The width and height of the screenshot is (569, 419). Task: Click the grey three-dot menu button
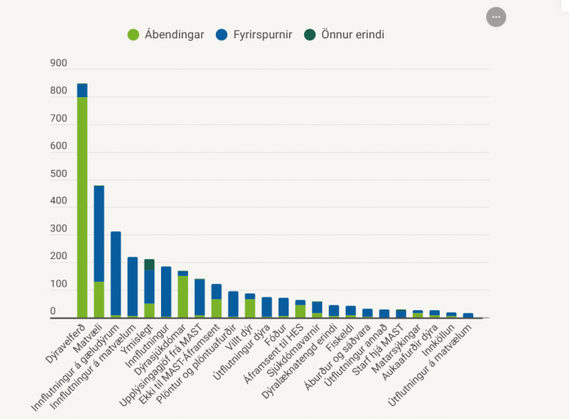pyautogui.click(x=496, y=17)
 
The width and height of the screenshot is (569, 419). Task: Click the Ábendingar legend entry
pyautogui.click(x=166, y=35)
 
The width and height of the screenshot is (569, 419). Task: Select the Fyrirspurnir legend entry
pyautogui.click(x=254, y=35)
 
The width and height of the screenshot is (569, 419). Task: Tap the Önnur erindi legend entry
pyautogui.click(x=344, y=35)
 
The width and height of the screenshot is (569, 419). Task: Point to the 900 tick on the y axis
pyautogui.click(x=59, y=63)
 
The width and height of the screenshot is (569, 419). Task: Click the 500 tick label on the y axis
pyautogui.click(x=59, y=174)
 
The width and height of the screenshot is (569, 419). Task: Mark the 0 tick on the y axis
pyautogui.click(x=53, y=311)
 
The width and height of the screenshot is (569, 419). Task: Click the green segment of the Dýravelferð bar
pyautogui.click(x=83, y=207)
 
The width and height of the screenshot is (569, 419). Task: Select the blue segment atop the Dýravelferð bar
pyautogui.click(x=83, y=91)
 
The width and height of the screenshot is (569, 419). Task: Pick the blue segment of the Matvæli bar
pyautogui.click(x=99, y=234)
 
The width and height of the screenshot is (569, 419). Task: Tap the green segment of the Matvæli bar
pyautogui.click(x=99, y=300)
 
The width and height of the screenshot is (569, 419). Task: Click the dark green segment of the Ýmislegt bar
pyautogui.click(x=149, y=265)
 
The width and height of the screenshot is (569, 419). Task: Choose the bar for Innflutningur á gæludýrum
pyautogui.click(x=116, y=274)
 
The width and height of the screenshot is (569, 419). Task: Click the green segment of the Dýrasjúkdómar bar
pyautogui.click(x=183, y=296)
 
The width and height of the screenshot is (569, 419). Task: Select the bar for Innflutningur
pyautogui.click(x=166, y=292)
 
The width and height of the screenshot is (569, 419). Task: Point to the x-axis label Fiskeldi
pyautogui.click(x=339, y=338)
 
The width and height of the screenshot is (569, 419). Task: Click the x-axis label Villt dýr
pyautogui.click(x=239, y=337)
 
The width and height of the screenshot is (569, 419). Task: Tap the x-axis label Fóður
pyautogui.click(x=276, y=335)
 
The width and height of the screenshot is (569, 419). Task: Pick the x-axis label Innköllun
pyautogui.click(x=438, y=340)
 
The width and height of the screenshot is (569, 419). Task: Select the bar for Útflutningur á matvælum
pyautogui.click(x=468, y=315)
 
